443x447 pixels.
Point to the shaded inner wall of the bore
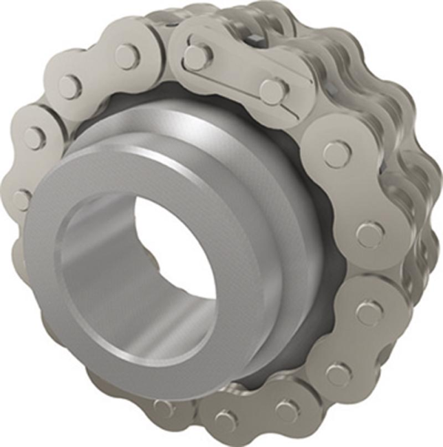[x=103, y=275]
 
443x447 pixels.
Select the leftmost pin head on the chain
[x=21, y=199]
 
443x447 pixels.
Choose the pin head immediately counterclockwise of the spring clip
[x=127, y=56]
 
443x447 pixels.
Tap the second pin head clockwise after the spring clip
[x=370, y=234]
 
